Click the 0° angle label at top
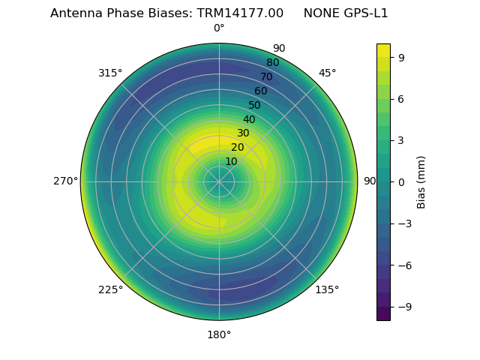coord(219,28)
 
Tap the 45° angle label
coord(327,73)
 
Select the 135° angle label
coord(327,289)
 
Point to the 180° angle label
coord(219,334)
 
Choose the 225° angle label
coord(110,289)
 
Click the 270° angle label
coord(65,181)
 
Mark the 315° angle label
coord(110,73)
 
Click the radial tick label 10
coord(231,162)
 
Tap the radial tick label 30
coord(243,133)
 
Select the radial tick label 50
coord(255,106)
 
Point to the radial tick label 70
coord(266,77)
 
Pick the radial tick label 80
coord(272,63)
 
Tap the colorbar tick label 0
coord(401,181)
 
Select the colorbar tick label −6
coord(404,265)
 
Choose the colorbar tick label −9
coord(404,307)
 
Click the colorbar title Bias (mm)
coord(421,181)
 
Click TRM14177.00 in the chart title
coord(241,13)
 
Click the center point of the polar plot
coord(219,181)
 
